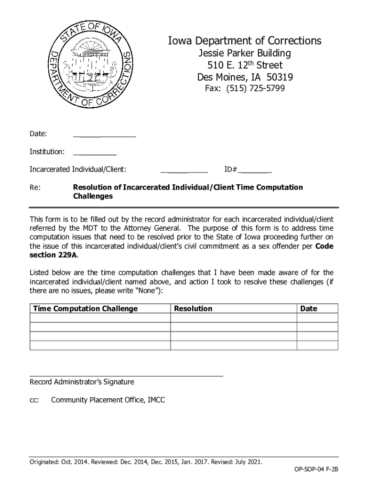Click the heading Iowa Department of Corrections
(x=244, y=41)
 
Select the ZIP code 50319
(x=277, y=77)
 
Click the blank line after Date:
(x=104, y=136)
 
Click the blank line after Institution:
(x=95, y=155)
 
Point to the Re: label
(x=35, y=187)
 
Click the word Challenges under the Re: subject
(x=93, y=196)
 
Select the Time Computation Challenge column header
(x=85, y=308)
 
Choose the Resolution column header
(x=193, y=308)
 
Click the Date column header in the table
(x=308, y=308)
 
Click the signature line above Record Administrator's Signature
(x=126, y=376)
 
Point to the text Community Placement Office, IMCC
(x=108, y=400)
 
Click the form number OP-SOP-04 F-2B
(x=316, y=469)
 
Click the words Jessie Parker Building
(x=245, y=53)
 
